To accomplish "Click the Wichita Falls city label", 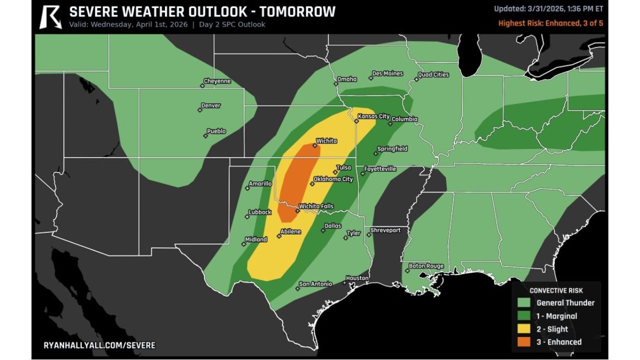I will pyautogui.click(x=316, y=206).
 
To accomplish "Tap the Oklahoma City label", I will pyautogui.click(x=333, y=179).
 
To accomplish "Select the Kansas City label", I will pyautogui.click(x=373, y=116).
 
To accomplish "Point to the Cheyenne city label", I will pyautogui.click(x=217, y=81).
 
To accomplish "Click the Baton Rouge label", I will pyautogui.click(x=426, y=266).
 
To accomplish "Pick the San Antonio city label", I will pyautogui.click(x=315, y=284).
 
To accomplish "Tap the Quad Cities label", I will pyautogui.click(x=433, y=75).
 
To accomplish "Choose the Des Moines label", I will pyautogui.click(x=387, y=73).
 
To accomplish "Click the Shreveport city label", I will pyautogui.click(x=385, y=230).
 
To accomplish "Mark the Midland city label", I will pyautogui.click(x=256, y=239).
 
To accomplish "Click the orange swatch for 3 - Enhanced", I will pyautogui.click(x=524, y=342).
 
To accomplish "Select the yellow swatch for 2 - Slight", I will pyautogui.click(x=524, y=329).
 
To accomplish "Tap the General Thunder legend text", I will pyautogui.click(x=565, y=302).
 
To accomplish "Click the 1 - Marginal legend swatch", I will pyautogui.click(x=524, y=316).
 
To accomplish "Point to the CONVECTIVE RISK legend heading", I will pyautogui.click(x=556, y=290).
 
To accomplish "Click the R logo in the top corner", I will pyautogui.click(x=50, y=16).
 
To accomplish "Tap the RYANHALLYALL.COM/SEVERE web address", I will pyautogui.click(x=99, y=345).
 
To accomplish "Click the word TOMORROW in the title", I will pyautogui.click(x=295, y=12).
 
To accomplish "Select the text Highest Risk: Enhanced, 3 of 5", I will pyautogui.click(x=550, y=23).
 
